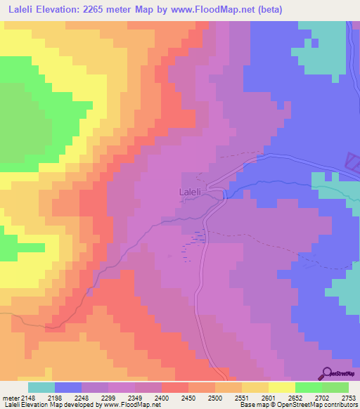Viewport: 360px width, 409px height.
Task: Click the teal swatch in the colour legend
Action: (41, 387)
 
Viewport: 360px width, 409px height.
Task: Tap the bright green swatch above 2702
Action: (308, 387)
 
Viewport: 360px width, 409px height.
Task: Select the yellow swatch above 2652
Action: (281, 387)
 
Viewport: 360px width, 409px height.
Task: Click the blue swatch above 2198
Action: (68, 387)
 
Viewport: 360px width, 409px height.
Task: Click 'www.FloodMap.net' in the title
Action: (223, 9)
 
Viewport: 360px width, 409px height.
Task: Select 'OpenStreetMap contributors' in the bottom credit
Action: (321, 405)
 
